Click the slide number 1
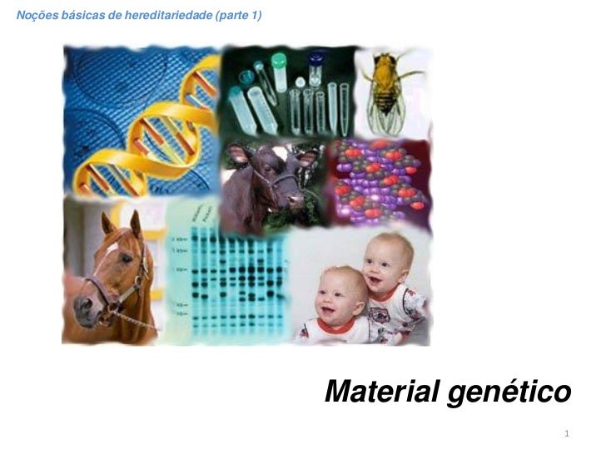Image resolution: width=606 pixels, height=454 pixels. (566, 434)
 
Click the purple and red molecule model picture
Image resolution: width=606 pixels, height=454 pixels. (379, 179)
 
